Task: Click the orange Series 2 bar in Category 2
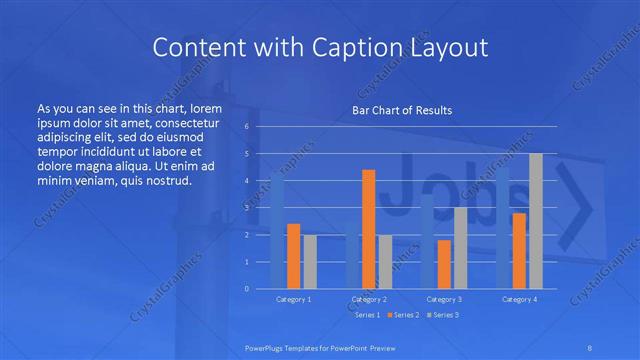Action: tap(368, 229)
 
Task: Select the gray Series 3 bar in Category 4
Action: tap(535, 221)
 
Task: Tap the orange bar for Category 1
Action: tap(293, 256)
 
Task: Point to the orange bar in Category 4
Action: tap(519, 251)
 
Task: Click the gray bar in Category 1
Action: tap(309, 262)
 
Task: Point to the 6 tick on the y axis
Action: tap(246, 127)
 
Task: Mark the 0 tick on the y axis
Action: tap(246, 289)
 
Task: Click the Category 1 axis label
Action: tap(293, 299)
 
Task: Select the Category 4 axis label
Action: tap(519, 299)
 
